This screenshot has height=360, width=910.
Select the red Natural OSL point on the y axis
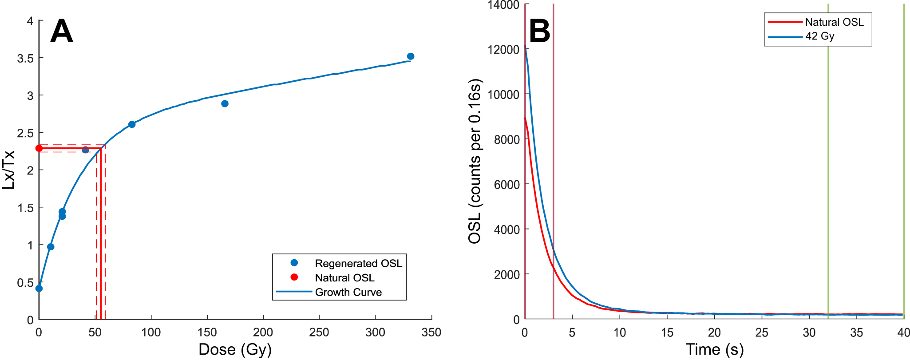click(x=39, y=148)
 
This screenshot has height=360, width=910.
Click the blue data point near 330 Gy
click(x=411, y=56)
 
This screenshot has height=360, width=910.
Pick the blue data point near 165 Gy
click(x=225, y=104)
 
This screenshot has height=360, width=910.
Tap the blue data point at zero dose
click(x=39, y=289)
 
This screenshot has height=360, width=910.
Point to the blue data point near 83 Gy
click(x=132, y=124)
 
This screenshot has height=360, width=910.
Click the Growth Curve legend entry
click(x=348, y=292)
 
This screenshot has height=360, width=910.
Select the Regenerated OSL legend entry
click(x=358, y=263)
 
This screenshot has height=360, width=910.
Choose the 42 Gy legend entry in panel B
click(x=819, y=36)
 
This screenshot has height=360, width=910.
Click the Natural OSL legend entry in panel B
click(x=834, y=22)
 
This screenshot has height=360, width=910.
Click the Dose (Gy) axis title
click(x=235, y=350)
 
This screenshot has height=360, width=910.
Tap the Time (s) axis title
click(x=714, y=350)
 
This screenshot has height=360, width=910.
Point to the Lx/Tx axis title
click(x=9, y=170)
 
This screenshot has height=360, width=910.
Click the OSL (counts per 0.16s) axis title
click(x=475, y=162)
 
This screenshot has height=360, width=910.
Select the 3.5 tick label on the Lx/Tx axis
click(x=25, y=58)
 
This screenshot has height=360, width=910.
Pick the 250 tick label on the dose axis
click(x=319, y=332)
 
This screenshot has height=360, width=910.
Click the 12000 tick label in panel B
click(x=503, y=50)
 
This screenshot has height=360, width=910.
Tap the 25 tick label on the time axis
click(x=762, y=332)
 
